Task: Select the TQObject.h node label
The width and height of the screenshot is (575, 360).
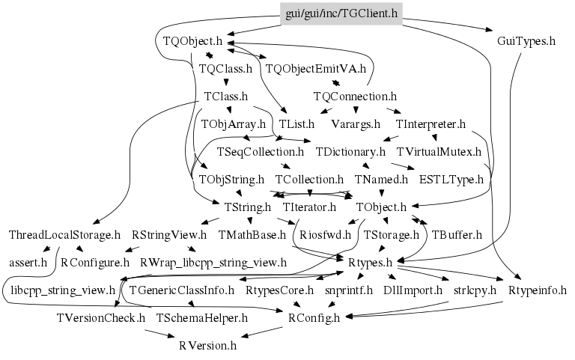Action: (188, 40)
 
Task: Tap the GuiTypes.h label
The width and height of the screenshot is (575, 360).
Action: (526, 40)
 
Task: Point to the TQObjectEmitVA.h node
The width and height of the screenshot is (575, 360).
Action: (316, 68)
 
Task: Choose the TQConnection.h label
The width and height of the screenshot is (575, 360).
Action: (355, 96)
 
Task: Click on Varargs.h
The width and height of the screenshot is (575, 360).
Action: (356, 123)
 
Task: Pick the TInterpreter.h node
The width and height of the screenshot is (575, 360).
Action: (432, 123)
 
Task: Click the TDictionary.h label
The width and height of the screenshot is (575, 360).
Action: (351, 152)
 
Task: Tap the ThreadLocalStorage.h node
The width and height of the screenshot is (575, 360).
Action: (64, 235)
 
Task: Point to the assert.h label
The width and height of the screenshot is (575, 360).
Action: (28, 263)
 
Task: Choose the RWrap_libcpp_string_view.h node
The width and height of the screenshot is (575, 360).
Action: (213, 263)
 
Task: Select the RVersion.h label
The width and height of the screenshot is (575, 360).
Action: (207, 346)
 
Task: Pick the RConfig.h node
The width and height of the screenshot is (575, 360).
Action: (314, 318)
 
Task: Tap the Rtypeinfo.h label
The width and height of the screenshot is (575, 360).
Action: (538, 290)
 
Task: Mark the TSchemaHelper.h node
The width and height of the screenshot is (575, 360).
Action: (202, 318)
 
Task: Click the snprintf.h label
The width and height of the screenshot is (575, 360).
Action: (349, 290)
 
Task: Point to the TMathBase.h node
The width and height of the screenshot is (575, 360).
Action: (252, 235)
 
